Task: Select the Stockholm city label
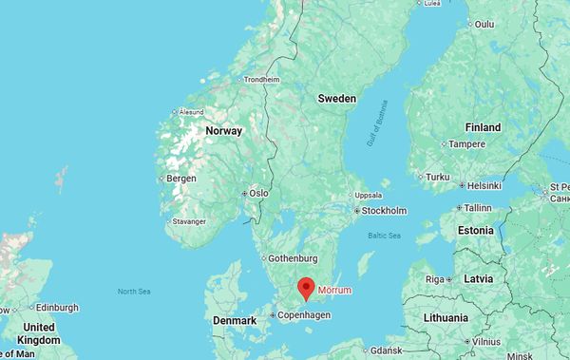coord(385,210)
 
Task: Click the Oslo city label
coord(258,193)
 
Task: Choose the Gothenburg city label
coord(292,257)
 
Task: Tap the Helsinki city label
coord(484,185)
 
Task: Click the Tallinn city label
coord(477,207)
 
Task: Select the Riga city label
coord(435,279)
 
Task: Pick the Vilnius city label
coord(487,341)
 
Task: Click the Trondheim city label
coord(263,80)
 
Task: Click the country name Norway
coord(223,131)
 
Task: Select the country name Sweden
coord(336,99)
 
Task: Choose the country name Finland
coord(483,127)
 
